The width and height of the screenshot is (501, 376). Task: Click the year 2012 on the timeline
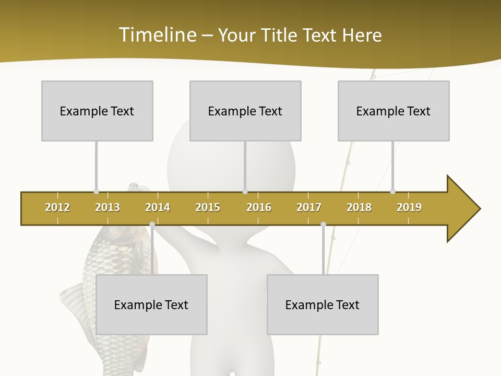click(57, 207)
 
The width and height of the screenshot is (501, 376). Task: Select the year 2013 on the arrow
click(108, 207)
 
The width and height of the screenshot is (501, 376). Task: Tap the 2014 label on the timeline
click(158, 207)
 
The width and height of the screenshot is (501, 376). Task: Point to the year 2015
click(208, 207)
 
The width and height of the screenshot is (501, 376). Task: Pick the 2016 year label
click(259, 207)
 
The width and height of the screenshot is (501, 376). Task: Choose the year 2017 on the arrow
click(309, 207)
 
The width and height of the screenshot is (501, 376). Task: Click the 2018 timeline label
click(359, 207)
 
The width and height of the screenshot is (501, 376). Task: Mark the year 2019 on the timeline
click(409, 207)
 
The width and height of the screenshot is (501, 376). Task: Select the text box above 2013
click(97, 111)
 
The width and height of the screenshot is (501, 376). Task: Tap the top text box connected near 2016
click(245, 111)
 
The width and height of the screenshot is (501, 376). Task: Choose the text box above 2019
click(393, 111)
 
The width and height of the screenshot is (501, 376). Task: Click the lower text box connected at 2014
click(151, 304)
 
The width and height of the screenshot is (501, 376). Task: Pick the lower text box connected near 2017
click(323, 304)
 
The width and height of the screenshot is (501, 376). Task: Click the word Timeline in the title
click(157, 35)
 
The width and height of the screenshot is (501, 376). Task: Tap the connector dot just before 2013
click(96, 191)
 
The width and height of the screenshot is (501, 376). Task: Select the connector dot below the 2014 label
click(152, 224)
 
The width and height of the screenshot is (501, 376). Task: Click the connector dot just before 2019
click(392, 191)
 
